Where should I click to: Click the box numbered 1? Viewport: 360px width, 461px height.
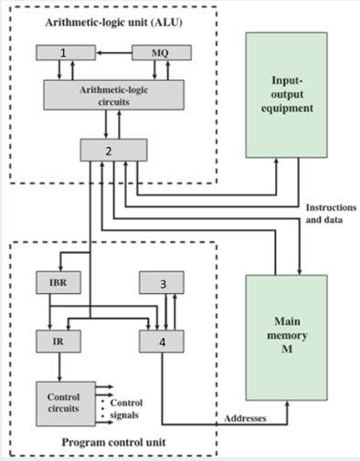point(63,53)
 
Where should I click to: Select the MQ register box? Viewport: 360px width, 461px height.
point(163,53)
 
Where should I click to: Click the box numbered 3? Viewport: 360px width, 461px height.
point(163,284)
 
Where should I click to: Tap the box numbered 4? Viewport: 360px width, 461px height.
point(163,341)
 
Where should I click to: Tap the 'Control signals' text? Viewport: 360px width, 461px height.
point(126,407)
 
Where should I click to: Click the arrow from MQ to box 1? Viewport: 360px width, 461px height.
point(111,53)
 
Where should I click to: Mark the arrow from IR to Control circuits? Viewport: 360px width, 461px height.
point(59,367)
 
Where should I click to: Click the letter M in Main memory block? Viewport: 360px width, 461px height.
point(286,350)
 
